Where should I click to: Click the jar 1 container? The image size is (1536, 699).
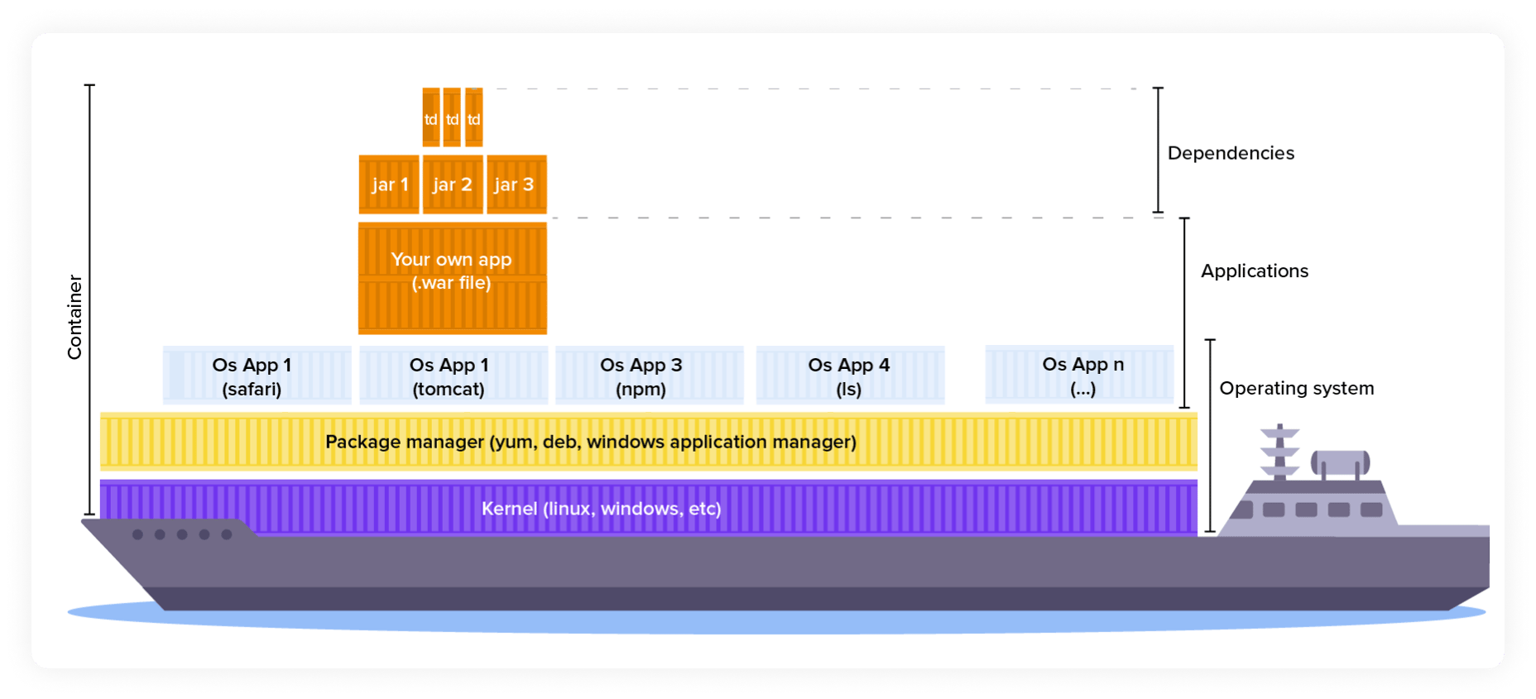point(389,184)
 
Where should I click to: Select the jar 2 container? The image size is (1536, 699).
point(453,184)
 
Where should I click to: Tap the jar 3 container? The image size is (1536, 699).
point(516,184)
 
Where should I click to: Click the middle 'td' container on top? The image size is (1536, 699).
point(452,118)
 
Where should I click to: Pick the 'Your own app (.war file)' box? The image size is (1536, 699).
point(452,277)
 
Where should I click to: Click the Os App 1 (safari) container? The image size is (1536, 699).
point(257,376)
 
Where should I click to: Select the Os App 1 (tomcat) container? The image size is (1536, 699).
point(453,376)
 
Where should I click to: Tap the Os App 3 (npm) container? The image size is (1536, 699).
point(649,376)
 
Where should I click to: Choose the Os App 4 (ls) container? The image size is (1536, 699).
point(850,376)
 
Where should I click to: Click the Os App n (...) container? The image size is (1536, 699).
point(1079,375)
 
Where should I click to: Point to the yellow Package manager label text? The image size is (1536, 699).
point(590,442)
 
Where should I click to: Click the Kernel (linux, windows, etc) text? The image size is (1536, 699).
point(601,509)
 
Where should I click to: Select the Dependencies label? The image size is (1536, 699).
point(1230,153)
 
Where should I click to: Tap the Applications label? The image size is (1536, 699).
point(1254,271)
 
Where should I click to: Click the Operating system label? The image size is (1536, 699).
point(1296,389)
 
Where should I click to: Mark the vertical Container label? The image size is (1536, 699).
point(74,317)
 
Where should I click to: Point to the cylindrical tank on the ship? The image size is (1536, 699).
point(1340,463)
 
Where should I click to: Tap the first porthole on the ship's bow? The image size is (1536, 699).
point(138,534)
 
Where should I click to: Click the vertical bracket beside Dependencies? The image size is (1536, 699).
point(1158,150)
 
